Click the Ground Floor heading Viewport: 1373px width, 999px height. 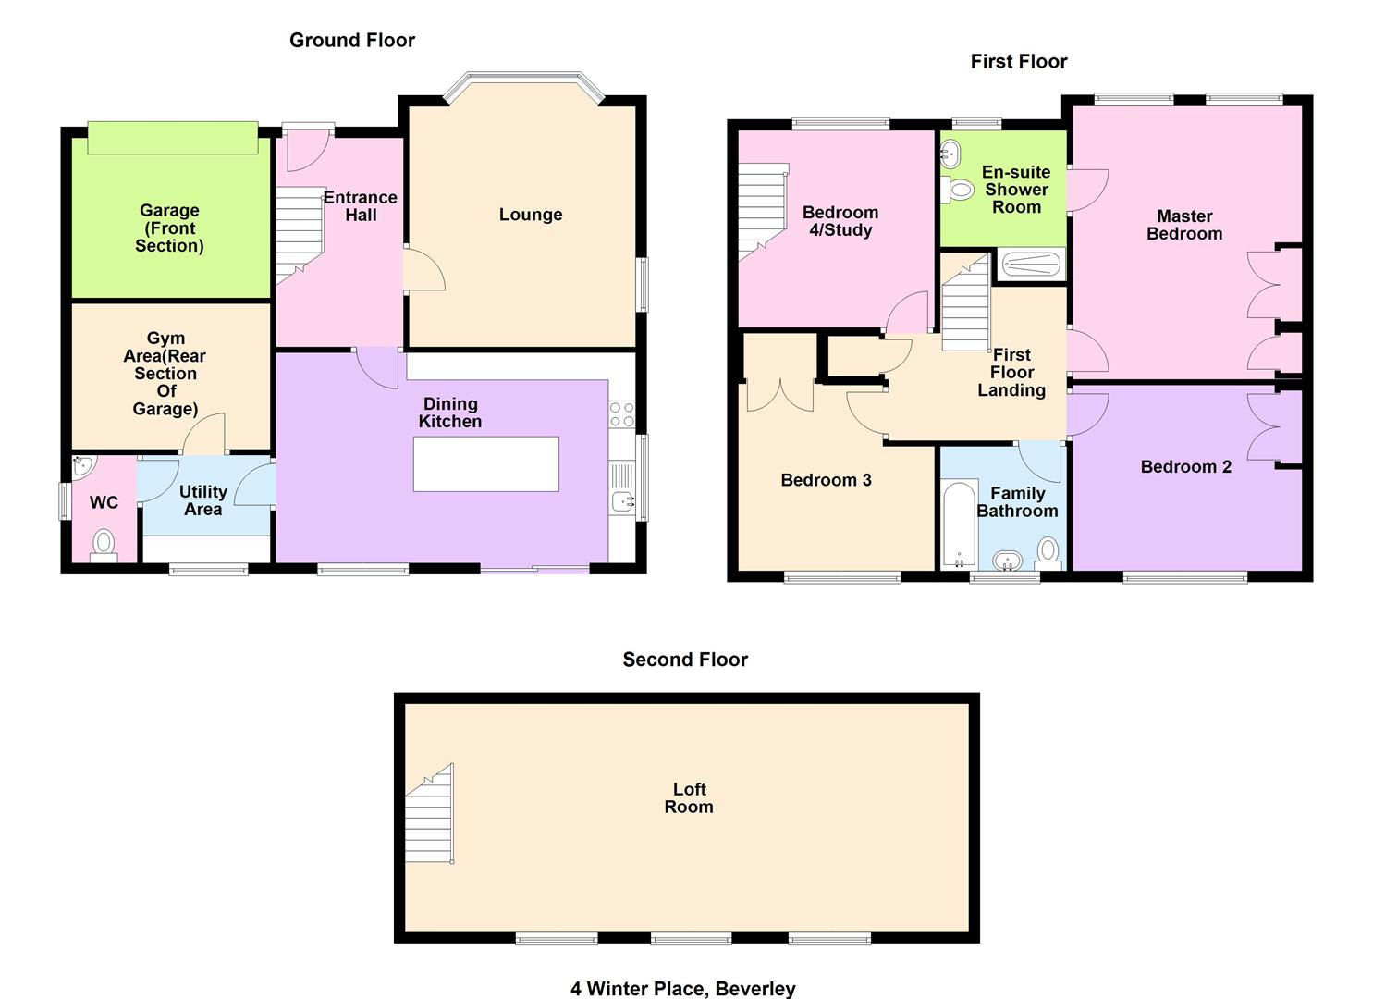point(352,40)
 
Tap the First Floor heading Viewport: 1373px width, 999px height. point(1019,61)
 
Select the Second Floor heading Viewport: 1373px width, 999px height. point(685,660)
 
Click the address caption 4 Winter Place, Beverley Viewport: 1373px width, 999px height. point(683,989)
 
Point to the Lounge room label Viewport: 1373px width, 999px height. point(531,215)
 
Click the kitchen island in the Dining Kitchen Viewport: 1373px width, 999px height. point(486,463)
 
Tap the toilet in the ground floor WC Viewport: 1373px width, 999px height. point(104,544)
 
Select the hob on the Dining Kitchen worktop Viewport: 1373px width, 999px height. point(622,414)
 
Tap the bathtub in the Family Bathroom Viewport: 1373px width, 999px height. point(960,523)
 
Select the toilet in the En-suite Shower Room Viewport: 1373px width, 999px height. point(960,191)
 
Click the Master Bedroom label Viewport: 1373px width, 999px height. point(1184,225)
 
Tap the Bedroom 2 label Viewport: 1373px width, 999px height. point(1186,467)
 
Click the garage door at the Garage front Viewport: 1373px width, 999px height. point(172,138)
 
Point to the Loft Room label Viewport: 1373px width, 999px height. point(690,797)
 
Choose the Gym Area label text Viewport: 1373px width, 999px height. point(165,374)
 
